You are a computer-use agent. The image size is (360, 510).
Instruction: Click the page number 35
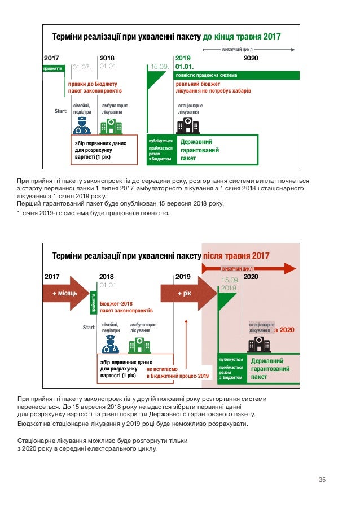coord(322,480)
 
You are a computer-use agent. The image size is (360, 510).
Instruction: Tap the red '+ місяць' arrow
coord(64,294)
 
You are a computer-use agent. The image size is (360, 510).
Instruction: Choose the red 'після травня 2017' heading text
coord(236,256)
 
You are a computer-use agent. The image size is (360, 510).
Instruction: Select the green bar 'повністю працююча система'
coord(207,75)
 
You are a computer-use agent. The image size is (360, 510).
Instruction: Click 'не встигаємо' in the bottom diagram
coord(162,368)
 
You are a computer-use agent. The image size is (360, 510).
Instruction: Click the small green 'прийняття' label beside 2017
coord(52,68)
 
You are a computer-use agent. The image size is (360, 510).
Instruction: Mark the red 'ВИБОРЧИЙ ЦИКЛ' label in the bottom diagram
coord(236,269)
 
